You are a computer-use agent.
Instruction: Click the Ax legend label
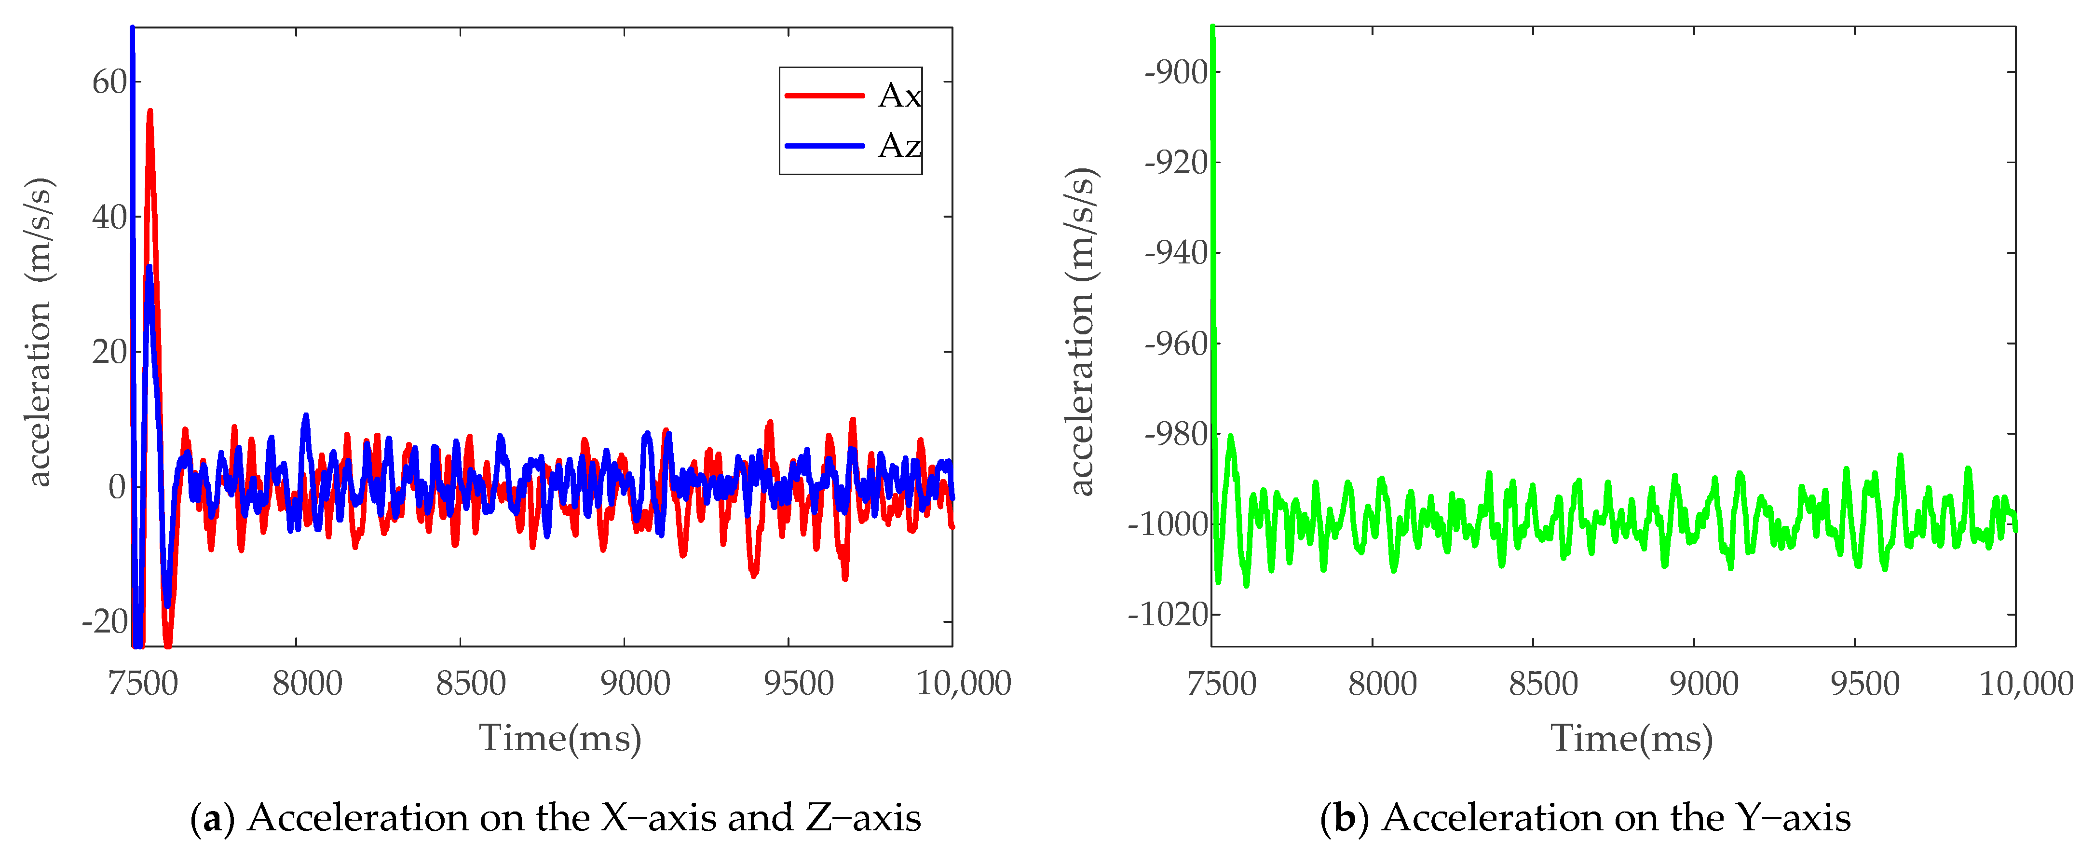click(899, 96)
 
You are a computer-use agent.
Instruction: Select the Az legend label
click(899, 146)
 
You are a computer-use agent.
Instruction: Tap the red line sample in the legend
click(823, 96)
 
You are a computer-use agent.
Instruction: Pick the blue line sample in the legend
click(823, 146)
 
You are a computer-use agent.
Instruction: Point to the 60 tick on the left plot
click(110, 82)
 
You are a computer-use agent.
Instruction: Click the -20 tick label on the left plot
click(105, 622)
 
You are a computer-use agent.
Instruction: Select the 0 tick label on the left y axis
click(118, 487)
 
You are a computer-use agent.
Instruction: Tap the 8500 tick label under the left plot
click(471, 683)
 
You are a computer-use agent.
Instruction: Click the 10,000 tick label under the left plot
click(963, 683)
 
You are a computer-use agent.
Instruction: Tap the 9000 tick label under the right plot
click(1704, 683)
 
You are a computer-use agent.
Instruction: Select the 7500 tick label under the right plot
click(1222, 683)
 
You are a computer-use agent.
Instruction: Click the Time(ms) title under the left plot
click(560, 738)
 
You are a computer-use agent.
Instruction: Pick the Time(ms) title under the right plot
click(1632, 738)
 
